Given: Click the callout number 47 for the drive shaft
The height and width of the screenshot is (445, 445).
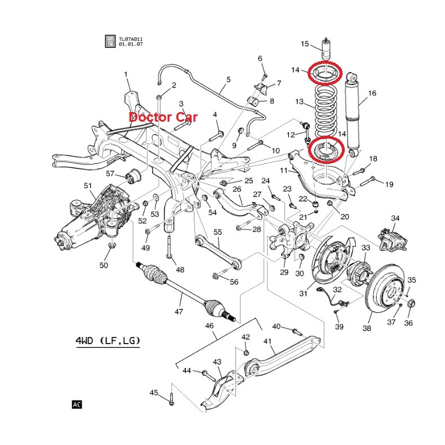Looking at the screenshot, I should (x=179, y=311).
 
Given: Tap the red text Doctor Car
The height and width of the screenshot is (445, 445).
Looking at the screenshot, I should (x=163, y=118).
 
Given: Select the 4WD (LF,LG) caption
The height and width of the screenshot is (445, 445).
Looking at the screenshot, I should (x=108, y=341).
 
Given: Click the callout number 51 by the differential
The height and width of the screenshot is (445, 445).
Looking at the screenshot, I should (x=88, y=186).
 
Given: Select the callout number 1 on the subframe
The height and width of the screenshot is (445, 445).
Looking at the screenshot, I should (x=126, y=74).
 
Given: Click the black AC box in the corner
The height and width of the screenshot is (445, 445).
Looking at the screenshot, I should (x=77, y=404).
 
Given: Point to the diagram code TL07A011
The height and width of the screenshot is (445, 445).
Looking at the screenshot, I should (x=131, y=39).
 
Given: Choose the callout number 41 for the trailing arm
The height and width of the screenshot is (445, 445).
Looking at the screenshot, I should (x=268, y=341).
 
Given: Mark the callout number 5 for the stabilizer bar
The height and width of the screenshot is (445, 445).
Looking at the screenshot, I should (x=228, y=80).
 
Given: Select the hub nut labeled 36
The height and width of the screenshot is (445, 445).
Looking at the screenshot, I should (x=411, y=305).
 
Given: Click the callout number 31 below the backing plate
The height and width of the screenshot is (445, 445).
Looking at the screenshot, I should (x=304, y=293).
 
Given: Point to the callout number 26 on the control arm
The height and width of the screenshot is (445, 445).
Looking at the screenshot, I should (x=237, y=189).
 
